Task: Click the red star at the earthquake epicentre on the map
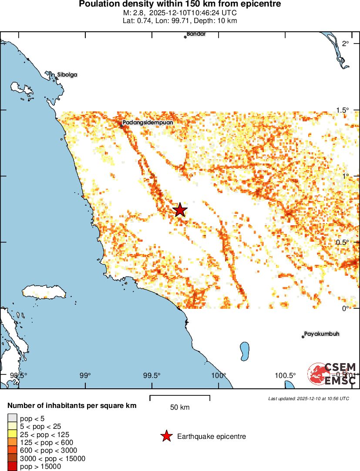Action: [180, 210]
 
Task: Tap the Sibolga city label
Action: [67, 75]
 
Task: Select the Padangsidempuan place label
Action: [148, 123]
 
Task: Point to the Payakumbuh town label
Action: [322, 334]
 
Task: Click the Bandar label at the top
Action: [196, 34]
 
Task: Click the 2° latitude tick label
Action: [346, 43]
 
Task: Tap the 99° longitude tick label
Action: [85, 375]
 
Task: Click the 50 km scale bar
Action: [180, 398]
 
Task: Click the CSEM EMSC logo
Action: [333, 374]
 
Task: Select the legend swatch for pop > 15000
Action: [12, 467]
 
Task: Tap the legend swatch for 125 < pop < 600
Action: [12, 443]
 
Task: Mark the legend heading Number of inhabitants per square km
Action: [72, 406]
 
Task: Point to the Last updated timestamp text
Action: [308, 398]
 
